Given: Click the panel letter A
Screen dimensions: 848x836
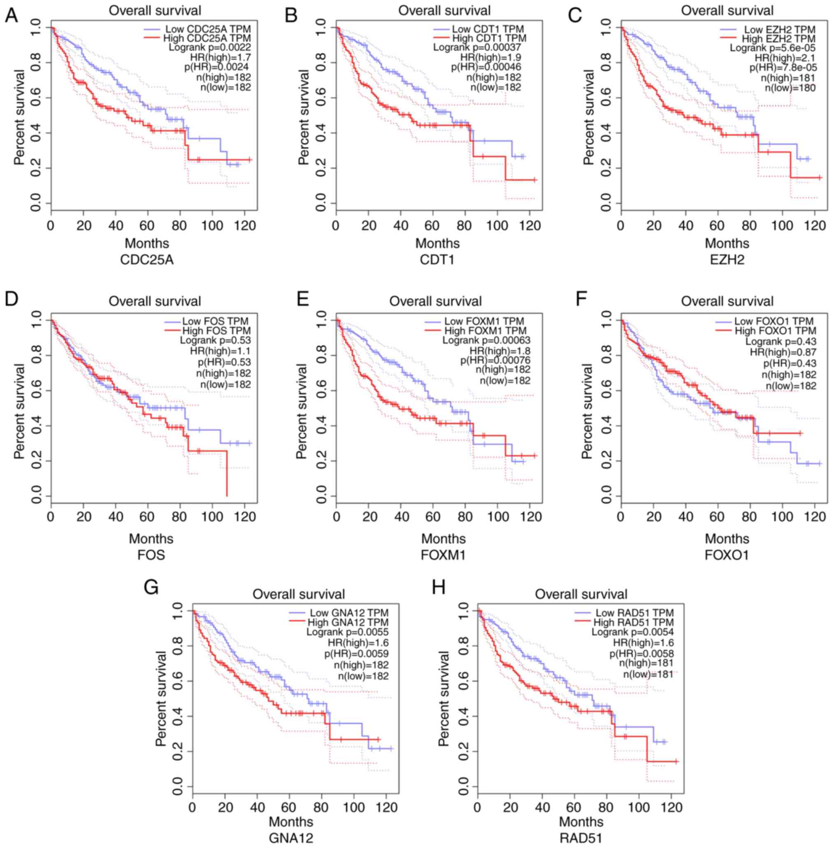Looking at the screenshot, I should pos(12,16).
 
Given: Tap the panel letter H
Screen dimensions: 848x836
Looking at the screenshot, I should pos(439,587).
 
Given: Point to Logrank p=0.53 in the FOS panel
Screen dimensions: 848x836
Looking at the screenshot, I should pos(216,340).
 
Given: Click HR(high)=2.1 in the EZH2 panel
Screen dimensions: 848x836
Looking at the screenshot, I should pos(785,58).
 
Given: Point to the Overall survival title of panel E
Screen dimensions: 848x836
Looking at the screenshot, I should pos(435,301).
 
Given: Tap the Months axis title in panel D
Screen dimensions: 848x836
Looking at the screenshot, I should pos(151,539).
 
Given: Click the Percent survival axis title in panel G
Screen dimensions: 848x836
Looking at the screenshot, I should pos(162,698).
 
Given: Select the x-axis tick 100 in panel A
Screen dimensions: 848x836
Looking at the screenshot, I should pos(212,226).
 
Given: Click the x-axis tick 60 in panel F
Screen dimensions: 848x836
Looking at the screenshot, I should pos(718,517).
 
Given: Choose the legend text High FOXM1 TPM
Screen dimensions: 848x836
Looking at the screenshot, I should pos(485,330).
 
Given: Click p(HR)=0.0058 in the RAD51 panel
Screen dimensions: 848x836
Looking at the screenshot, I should pos(641,653).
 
